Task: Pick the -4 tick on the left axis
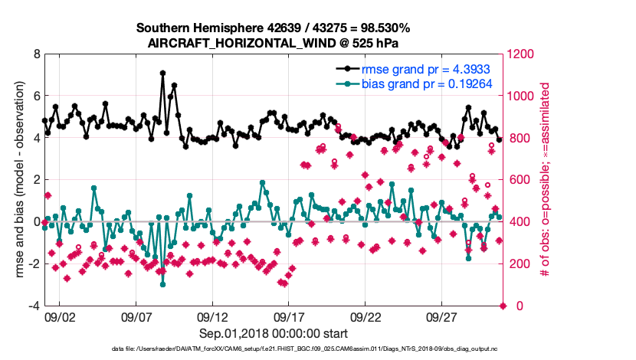[34, 306]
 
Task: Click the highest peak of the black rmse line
[162, 73]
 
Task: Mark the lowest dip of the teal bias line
[162, 284]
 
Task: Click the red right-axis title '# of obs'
[546, 180]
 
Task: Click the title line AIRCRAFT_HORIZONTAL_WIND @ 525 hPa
[274, 43]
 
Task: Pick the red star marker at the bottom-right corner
[503, 306]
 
